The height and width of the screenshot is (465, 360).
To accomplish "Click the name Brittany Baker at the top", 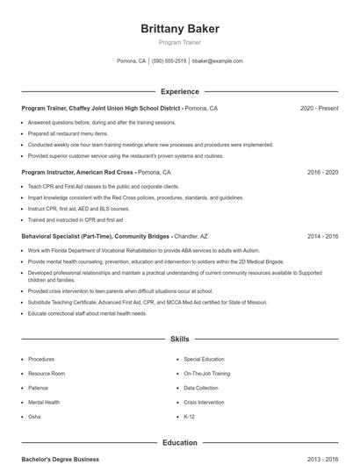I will [180, 29].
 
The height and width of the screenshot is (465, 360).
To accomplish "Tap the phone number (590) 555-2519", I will [169, 61].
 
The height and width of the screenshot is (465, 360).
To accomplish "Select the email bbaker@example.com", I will [217, 61].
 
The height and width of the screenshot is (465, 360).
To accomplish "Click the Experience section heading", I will [180, 91].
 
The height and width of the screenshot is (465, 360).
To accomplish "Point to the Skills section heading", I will [180, 339].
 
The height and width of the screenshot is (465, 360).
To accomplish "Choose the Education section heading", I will [180, 443].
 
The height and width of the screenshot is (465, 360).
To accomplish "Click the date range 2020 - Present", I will [319, 108].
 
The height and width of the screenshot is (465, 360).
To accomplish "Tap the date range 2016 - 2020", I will [322, 173].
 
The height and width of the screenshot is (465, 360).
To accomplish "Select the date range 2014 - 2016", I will [322, 237].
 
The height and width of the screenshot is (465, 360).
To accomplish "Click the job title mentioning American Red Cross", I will [77, 173].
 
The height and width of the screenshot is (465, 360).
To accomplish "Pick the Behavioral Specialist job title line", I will [97, 237].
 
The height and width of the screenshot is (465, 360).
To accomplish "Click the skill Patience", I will [38, 388].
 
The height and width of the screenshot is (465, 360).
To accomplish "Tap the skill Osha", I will [34, 417].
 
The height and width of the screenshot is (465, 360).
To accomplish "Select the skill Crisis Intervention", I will [204, 402].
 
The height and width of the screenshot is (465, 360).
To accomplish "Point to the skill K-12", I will [190, 417].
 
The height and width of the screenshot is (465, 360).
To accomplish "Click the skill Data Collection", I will [201, 388].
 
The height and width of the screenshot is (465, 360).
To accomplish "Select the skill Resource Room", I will [47, 374].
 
